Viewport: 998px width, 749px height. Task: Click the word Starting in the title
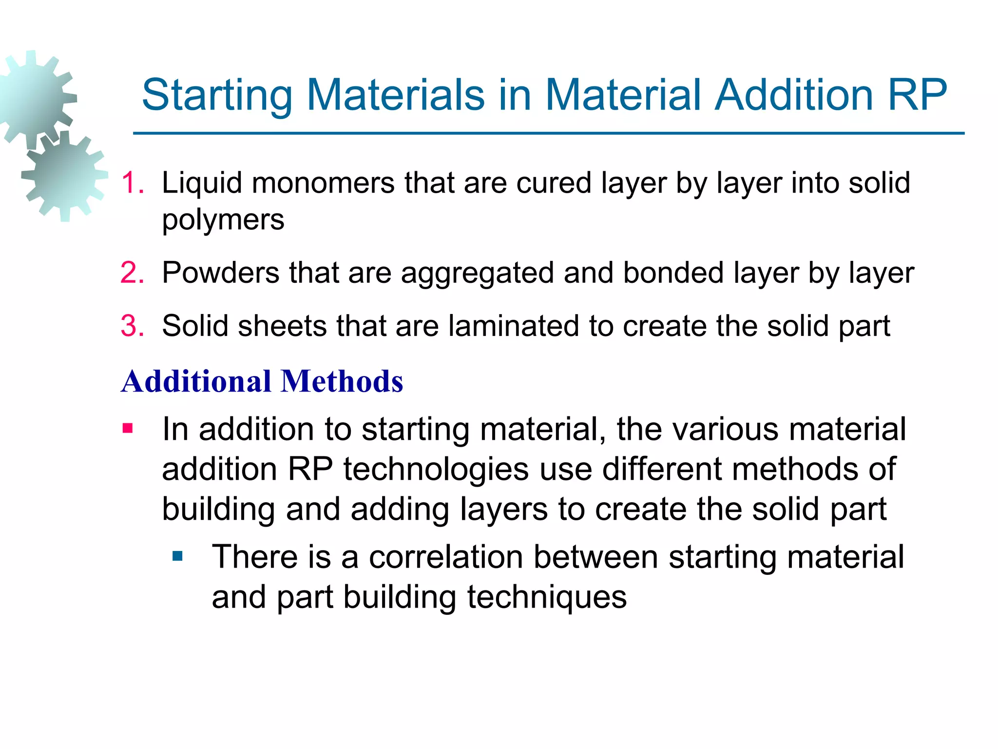[217, 96]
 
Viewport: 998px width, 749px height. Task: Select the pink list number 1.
[132, 183]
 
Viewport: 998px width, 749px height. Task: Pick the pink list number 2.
[132, 273]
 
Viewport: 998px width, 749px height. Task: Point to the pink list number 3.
[132, 326]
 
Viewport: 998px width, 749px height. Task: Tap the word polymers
[223, 220]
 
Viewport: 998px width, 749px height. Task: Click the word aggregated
[477, 273]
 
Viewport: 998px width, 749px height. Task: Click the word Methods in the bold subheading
[342, 381]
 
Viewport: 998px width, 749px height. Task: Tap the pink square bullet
[128, 429]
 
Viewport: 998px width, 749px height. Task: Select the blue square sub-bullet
[177, 556]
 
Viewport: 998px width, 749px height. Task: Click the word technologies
[436, 469]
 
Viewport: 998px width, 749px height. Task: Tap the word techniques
[547, 597]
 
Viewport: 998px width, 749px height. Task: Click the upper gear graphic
[34, 98]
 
